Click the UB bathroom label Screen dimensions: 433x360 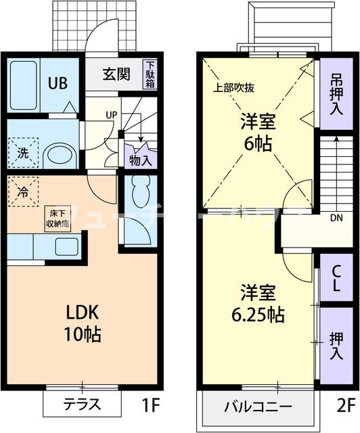[56, 85]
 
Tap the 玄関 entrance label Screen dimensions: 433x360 [116, 74]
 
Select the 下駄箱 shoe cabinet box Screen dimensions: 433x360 [149, 74]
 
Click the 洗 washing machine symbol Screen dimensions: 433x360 [22, 152]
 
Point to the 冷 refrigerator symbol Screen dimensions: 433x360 [22, 191]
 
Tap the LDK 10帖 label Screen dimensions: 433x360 [83, 323]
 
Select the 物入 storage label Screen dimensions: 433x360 [140, 160]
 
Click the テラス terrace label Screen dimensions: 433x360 [83, 405]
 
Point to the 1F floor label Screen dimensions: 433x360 [150, 406]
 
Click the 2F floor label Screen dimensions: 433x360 [345, 406]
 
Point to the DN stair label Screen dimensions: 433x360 [336, 217]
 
